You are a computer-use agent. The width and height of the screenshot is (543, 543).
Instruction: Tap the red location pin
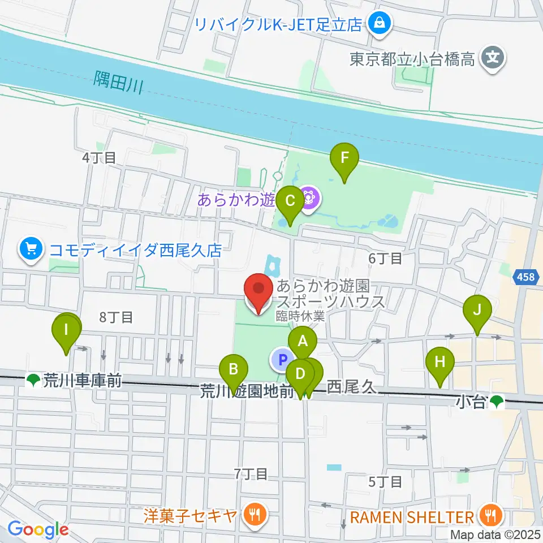pyautogui.click(x=258, y=292)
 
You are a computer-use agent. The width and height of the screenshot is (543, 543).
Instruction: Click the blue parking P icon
pyautogui.click(x=282, y=359)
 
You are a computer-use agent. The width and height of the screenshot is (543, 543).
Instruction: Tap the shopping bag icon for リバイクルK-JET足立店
pyautogui.click(x=376, y=23)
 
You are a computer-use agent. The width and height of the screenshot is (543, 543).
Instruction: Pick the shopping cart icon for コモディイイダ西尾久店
pyautogui.click(x=31, y=249)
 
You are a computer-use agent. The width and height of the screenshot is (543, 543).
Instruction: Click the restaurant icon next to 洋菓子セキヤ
pyautogui.click(x=252, y=514)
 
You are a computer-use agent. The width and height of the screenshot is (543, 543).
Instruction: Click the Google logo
pyautogui.click(x=38, y=529)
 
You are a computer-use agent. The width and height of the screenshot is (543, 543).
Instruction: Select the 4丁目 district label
pyautogui.click(x=99, y=158)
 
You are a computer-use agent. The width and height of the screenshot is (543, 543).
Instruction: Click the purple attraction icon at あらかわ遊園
pyautogui.click(x=309, y=199)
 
